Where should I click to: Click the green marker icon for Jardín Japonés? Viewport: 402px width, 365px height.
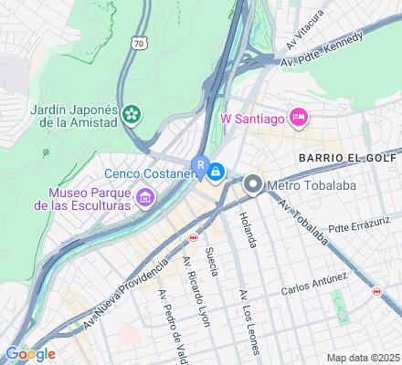(133, 114)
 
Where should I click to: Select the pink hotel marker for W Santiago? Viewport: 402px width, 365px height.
(298, 117)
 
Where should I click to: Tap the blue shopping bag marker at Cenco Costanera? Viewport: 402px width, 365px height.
(217, 171)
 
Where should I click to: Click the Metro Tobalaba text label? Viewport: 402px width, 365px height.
(307, 186)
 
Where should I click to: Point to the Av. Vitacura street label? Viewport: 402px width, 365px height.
(304, 30)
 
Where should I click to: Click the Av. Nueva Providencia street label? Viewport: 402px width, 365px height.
(125, 291)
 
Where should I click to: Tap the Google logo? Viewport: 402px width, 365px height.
(30, 353)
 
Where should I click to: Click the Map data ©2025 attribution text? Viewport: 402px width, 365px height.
(363, 358)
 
